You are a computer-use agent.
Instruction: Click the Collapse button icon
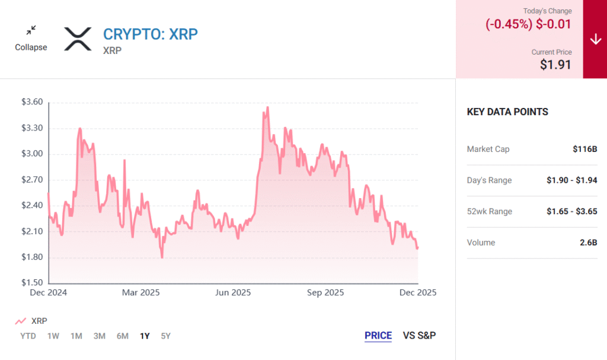click(31, 30)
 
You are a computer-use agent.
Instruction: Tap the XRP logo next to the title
click(78, 39)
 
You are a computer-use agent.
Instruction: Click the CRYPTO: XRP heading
click(151, 34)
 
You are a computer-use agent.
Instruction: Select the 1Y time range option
click(145, 336)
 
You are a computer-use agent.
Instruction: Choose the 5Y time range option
click(166, 336)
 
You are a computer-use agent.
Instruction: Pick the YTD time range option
click(27, 336)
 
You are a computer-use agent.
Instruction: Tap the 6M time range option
click(122, 336)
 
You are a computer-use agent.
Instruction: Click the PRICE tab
click(378, 336)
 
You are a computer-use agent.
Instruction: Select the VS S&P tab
click(419, 336)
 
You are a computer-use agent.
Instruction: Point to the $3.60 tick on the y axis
click(32, 102)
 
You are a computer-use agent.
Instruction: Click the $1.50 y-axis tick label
click(32, 283)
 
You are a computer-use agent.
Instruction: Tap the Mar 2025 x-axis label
click(140, 293)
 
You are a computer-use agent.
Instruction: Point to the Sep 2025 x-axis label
click(326, 293)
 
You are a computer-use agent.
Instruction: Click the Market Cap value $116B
click(585, 149)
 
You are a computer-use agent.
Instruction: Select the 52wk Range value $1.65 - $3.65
click(571, 211)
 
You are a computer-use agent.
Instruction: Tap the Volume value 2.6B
click(589, 243)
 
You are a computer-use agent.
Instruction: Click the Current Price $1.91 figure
click(555, 65)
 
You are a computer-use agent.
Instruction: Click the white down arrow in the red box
click(595, 39)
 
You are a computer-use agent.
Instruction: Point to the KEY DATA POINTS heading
click(507, 111)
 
